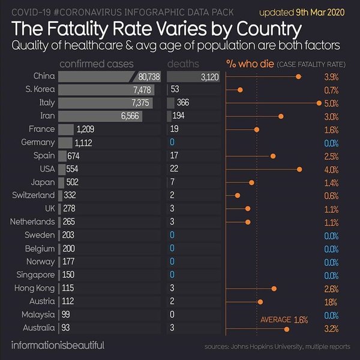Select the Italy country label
[x=46, y=103]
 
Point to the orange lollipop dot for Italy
[x=319, y=103]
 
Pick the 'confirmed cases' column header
[x=97, y=63]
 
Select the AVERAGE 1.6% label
[x=284, y=320]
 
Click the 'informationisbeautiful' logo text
[x=58, y=346]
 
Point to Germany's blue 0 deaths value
[x=172, y=143]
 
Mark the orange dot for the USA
[x=299, y=169]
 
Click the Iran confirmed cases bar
[x=100, y=116]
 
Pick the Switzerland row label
[x=34, y=196]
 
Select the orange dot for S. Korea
[x=241, y=90]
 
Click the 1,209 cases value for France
[x=85, y=130]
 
